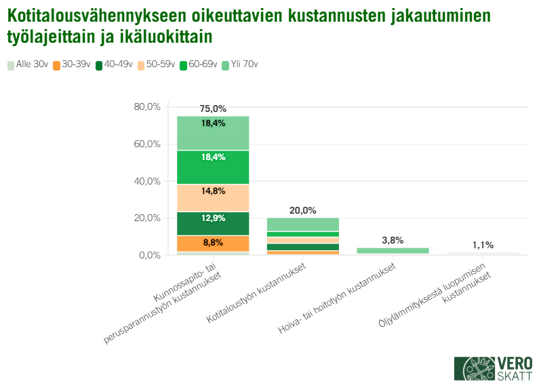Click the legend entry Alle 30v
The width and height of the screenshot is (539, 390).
28,64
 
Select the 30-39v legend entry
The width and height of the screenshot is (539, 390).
72,64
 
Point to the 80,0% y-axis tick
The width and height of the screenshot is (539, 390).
147,107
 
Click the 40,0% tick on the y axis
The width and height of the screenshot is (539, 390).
147,181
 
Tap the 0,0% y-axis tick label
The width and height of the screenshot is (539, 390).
149,255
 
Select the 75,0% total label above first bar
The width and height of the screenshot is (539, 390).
213,109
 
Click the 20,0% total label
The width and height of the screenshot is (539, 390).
302,210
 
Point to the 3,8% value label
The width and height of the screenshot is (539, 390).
393,240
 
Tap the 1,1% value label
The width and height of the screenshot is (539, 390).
483,245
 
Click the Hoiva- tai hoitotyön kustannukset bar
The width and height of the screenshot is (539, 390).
393,250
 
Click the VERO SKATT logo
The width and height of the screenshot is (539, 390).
493,368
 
